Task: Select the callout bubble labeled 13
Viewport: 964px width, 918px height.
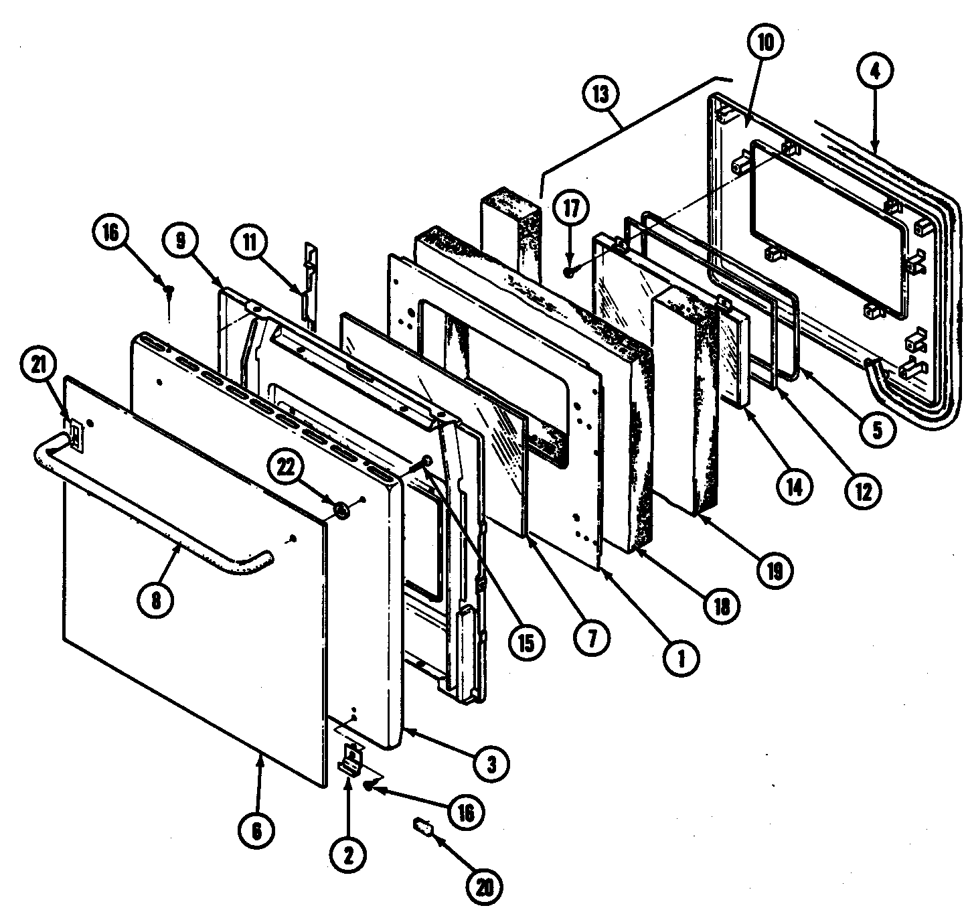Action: coord(600,94)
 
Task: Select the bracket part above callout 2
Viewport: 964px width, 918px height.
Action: coord(351,759)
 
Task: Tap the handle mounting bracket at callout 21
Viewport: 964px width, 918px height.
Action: coord(76,436)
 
